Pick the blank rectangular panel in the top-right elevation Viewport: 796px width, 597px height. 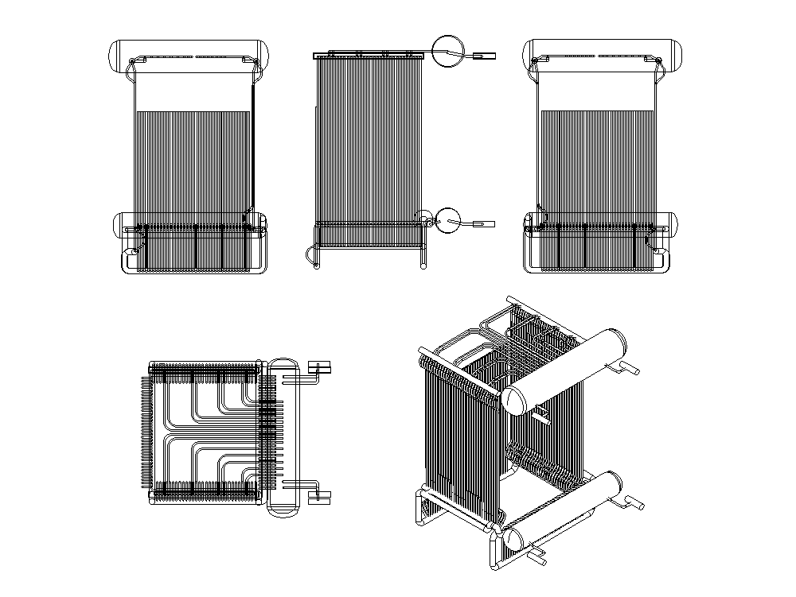pos(597,91)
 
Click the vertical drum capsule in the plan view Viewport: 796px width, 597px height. pos(283,437)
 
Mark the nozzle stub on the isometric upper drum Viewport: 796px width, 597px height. pos(628,368)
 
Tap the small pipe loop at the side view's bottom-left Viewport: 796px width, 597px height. pos(309,254)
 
